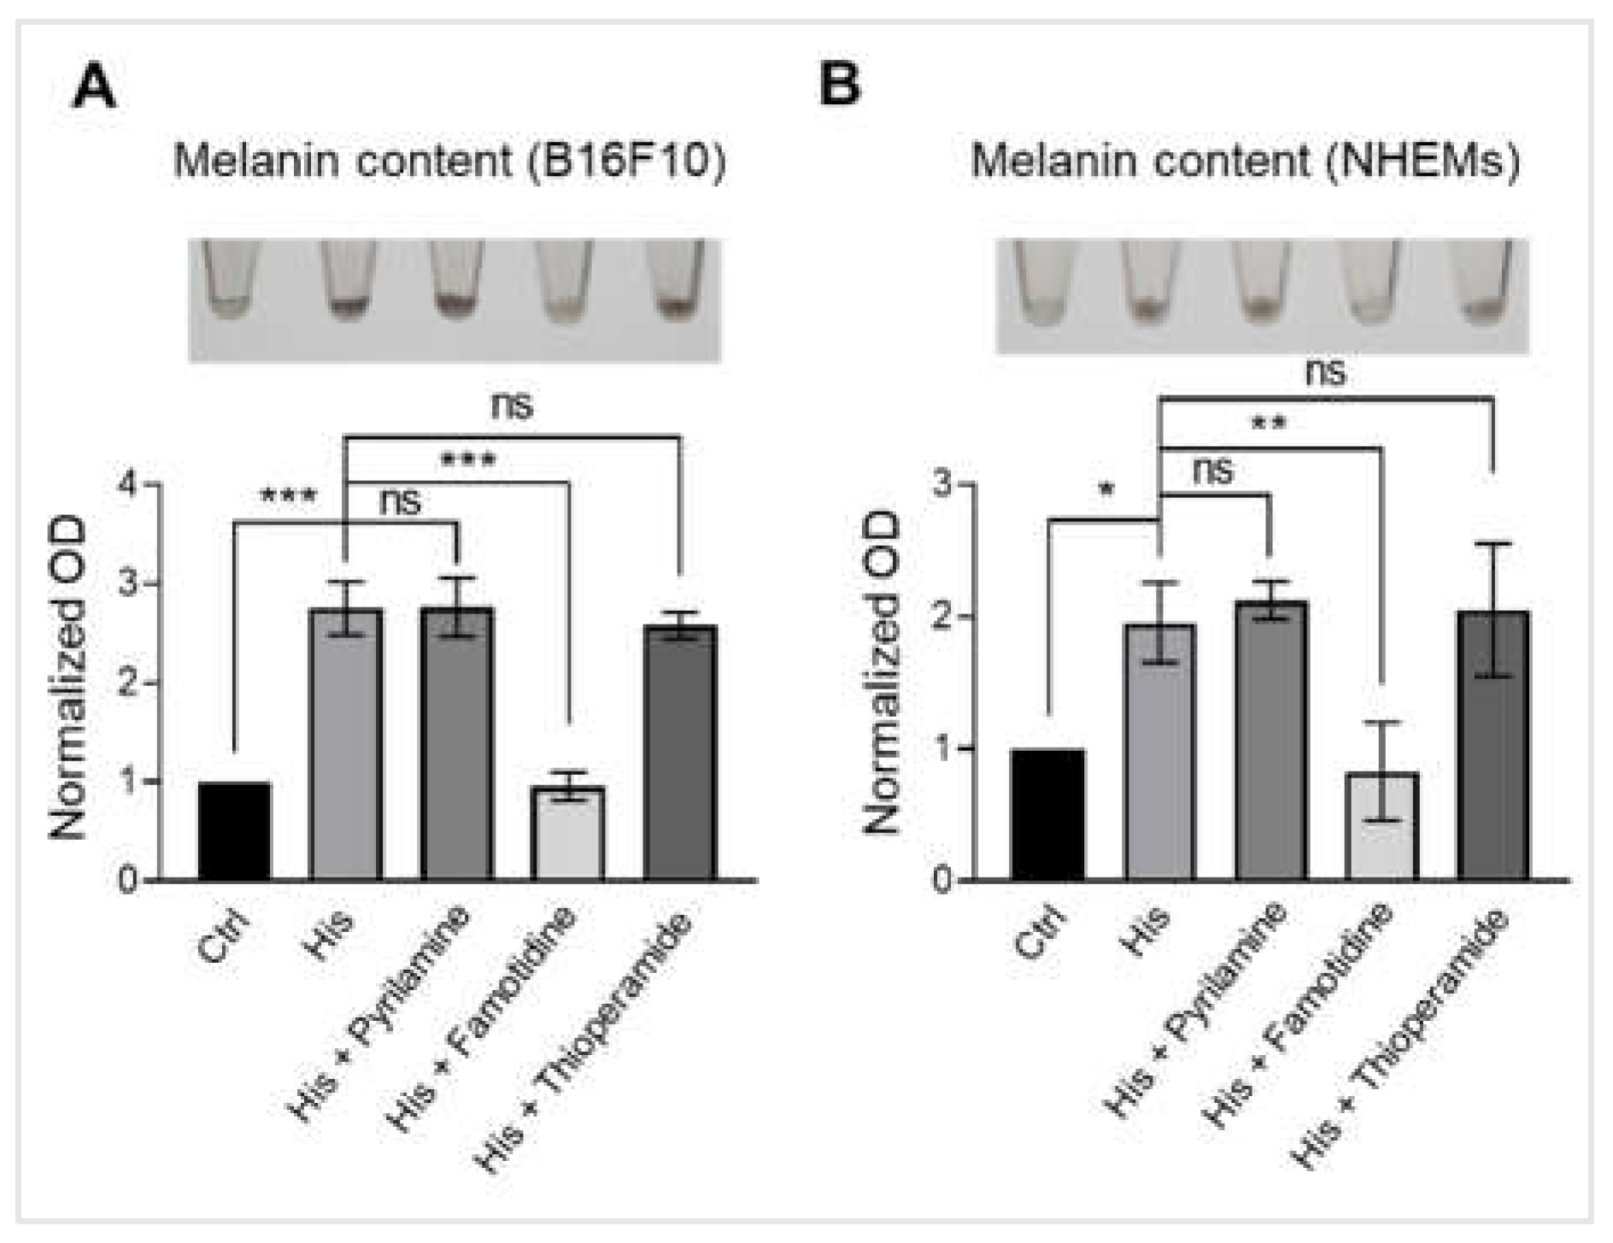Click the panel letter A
coord(94,87)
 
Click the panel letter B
coord(839,85)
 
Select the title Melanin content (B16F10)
coord(449,161)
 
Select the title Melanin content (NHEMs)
coord(1245,161)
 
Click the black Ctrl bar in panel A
coord(234,830)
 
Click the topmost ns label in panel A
coord(512,405)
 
